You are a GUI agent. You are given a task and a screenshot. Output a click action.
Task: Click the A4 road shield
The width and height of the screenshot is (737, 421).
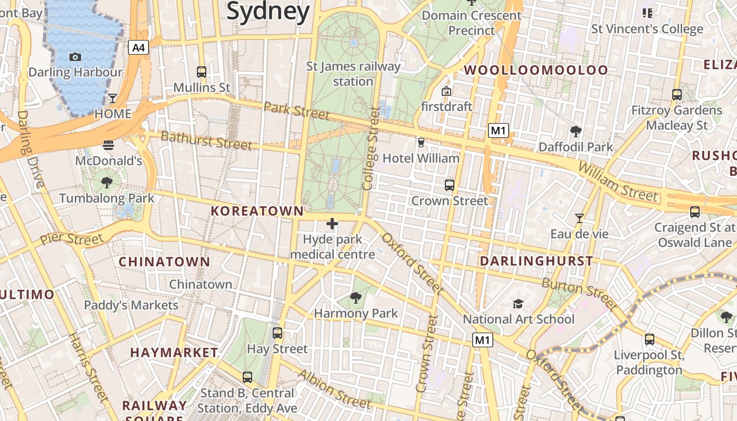138,48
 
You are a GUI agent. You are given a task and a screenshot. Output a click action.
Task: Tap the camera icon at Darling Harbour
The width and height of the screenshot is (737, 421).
75,57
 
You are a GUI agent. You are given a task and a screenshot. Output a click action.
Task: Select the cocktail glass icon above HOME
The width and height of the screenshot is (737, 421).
113,98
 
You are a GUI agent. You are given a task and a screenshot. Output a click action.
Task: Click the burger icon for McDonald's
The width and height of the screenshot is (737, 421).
108,145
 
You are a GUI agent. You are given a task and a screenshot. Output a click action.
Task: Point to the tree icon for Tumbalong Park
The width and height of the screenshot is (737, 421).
107,183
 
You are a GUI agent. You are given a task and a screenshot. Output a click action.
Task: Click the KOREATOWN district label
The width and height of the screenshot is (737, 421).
257,212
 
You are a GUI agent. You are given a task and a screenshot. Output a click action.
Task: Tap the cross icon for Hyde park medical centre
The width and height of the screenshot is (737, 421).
332,224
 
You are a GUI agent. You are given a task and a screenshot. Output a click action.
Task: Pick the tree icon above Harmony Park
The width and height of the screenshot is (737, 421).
356,298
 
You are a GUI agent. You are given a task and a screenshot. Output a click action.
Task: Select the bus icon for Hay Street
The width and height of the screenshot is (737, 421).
277,333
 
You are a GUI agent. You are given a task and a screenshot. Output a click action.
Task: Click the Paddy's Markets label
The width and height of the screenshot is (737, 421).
131,305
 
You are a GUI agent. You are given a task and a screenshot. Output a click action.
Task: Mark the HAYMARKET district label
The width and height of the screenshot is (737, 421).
174,353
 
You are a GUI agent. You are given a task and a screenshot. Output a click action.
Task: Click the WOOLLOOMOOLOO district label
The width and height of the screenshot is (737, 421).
535,70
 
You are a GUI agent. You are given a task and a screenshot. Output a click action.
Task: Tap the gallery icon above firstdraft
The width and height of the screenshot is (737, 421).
446,91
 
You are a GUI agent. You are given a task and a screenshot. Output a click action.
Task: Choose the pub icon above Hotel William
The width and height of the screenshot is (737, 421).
421,142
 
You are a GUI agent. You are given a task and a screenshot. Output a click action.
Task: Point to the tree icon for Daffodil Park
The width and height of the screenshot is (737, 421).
575,131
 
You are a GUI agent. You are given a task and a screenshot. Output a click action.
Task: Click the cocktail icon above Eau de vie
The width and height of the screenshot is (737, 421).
580,218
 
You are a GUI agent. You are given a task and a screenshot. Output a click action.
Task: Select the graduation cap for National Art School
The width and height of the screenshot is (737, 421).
519,304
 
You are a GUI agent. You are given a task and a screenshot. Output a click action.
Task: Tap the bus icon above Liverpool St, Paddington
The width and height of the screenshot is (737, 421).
650,339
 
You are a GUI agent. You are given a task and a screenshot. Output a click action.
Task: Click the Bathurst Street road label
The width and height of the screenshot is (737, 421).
206,141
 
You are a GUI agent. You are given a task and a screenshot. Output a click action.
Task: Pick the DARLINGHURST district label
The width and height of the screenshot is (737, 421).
536,261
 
